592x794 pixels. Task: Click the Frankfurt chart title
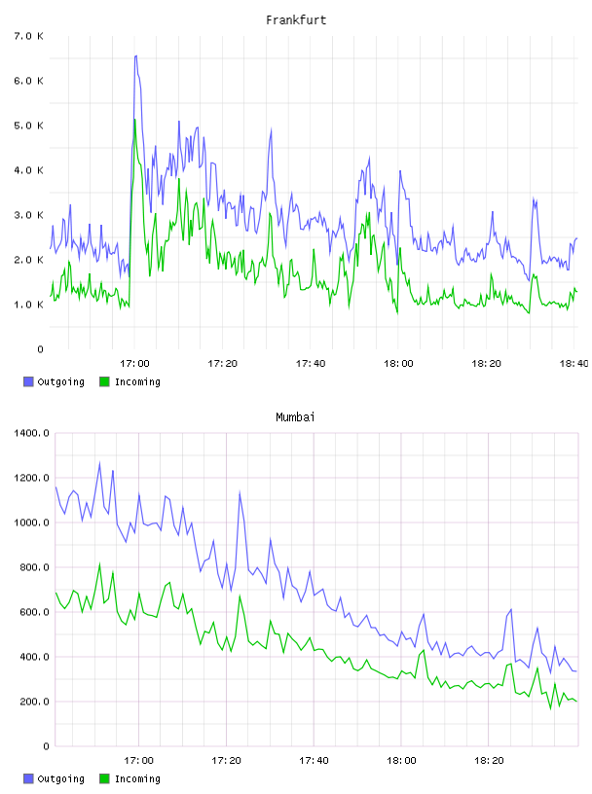point(296,20)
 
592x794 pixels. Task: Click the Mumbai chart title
point(295,417)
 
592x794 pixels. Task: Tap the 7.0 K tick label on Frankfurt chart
point(28,36)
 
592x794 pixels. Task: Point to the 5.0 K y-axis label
point(28,126)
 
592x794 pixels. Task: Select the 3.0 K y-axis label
point(28,215)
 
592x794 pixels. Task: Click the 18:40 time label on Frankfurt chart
point(573,364)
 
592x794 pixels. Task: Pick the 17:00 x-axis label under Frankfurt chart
point(134,364)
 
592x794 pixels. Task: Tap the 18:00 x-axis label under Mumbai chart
point(401,761)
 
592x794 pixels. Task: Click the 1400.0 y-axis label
point(31,433)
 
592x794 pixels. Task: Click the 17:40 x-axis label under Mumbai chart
point(314,761)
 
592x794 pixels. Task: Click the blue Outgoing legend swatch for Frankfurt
point(28,381)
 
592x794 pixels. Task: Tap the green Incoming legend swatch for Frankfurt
point(104,381)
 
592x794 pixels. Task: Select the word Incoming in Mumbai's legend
point(137,779)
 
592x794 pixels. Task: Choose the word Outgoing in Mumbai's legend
point(60,779)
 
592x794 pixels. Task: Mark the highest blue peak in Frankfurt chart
point(136,56)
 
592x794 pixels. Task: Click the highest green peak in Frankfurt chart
point(134,120)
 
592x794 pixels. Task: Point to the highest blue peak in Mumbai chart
point(99,462)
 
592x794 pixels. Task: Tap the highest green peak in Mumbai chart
point(99,563)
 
